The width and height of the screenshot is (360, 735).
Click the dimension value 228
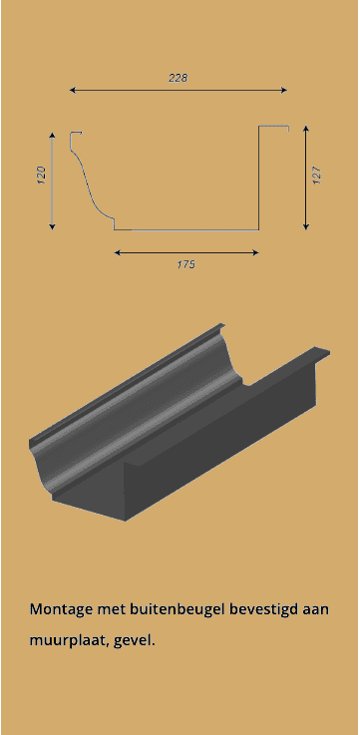pos(179,77)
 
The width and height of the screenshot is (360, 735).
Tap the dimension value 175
pos(185,265)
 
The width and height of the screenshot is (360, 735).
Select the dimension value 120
pos(41,176)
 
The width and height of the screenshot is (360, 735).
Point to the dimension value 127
pos(316,174)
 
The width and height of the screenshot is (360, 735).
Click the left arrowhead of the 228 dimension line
pos(73,90)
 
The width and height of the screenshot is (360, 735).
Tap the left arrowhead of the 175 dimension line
pos(118,252)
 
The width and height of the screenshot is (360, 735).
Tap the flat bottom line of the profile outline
pos(185,229)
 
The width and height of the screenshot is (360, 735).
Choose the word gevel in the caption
pos(135,639)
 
